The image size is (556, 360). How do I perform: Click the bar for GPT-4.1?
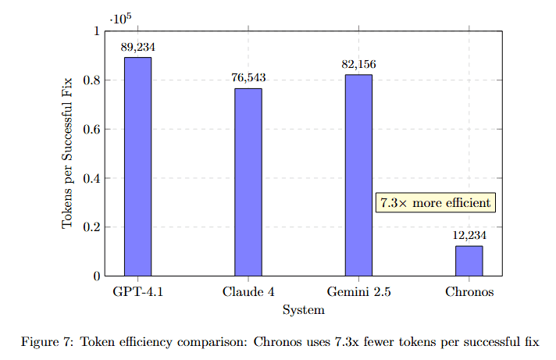pyautogui.click(x=137, y=166)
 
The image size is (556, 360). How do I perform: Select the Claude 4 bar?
pyautogui.click(x=248, y=182)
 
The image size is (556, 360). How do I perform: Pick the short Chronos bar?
pyautogui.click(x=469, y=261)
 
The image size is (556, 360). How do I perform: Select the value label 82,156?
pyautogui.click(x=358, y=64)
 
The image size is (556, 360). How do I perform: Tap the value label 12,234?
pyautogui.click(x=469, y=235)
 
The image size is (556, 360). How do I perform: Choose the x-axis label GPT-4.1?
pyautogui.click(x=138, y=293)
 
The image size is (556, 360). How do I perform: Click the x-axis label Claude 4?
pyautogui.click(x=248, y=293)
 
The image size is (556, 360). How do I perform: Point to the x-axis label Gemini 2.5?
pyautogui.click(x=358, y=293)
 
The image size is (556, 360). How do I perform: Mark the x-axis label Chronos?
pyautogui.click(x=469, y=293)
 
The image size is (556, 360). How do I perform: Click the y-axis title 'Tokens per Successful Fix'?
pyautogui.click(x=68, y=153)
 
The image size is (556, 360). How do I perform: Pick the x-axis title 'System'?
pyautogui.click(x=304, y=310)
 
